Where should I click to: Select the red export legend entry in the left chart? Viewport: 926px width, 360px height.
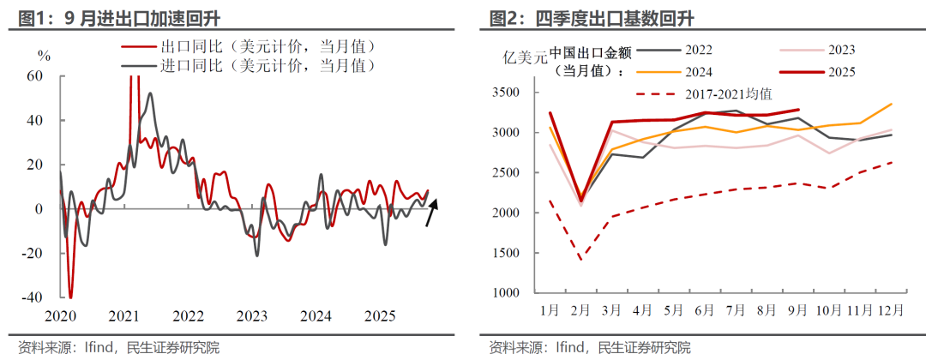point(249,46)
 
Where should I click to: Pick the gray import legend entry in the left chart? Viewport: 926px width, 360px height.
point(249,64)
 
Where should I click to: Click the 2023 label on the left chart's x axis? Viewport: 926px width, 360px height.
point(251,316)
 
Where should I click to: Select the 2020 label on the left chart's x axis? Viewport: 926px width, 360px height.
point(61,316)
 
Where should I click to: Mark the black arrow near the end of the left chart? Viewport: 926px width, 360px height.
point(433,210)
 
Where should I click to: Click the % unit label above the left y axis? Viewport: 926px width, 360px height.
point(45,56)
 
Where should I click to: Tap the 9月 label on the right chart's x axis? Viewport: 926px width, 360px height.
point(797,309)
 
